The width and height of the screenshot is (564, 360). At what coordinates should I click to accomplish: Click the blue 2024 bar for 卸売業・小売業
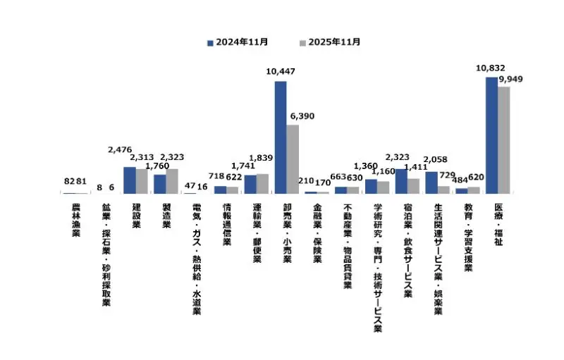point(281,137)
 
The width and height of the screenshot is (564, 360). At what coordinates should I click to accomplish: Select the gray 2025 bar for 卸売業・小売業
point(293,159)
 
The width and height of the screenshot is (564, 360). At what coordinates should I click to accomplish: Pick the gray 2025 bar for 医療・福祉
point(504,140)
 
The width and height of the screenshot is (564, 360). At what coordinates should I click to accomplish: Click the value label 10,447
point(281,71)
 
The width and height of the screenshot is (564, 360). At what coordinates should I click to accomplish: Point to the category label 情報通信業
point(227,224)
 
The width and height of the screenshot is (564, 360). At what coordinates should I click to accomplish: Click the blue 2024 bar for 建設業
point(130,180)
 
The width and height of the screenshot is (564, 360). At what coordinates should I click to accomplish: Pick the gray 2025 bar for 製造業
point(172,181)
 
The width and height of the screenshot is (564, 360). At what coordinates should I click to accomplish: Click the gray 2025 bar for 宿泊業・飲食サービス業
point(414,186)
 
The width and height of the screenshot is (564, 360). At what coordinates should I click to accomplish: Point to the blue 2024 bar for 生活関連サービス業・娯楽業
point(431,182)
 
